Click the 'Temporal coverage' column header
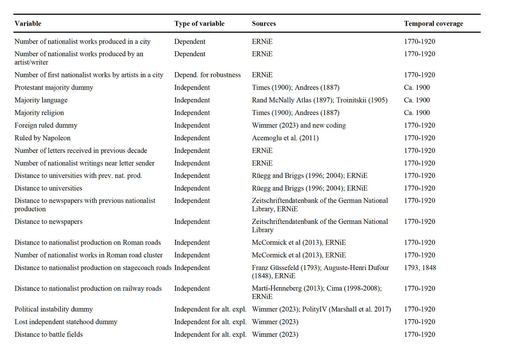click(x=433, y=24)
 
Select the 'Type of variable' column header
click(x=199, y=24)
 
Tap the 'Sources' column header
click(x=264, y=24)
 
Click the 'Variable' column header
click(x=28, y=24)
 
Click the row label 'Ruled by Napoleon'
click(x=42, y=138)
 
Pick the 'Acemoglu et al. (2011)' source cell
click(x=285, y=138)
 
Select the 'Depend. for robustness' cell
click(x=207, y=75)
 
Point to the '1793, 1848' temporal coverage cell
click(x=420, y=268)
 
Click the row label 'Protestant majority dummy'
click(x=54, y=88)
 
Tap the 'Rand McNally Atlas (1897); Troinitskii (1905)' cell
click(x=319, y=100)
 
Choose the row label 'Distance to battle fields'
click(x=49, y=334)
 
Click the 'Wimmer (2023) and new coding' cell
click(x=299, y=125)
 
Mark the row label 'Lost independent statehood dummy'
click(x=66, y=322)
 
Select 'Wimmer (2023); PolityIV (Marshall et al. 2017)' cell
click(x=321, y=309)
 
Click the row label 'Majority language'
click(x=41, y=100)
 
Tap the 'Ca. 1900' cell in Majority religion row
click(x=417, y=113)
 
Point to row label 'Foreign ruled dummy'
click(x=46, y=125)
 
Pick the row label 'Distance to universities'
click(x=48, y=188)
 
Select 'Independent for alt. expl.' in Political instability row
click(x=210, y=309)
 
